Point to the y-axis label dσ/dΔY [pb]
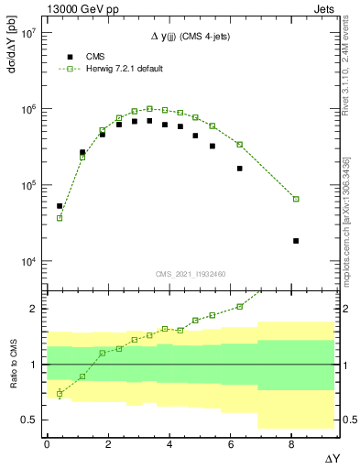pyautogui.click(x=11, y=50)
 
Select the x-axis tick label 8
pyautogui.click(x=292, y=442)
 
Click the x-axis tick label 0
pyautogui.click(x=47, y=442)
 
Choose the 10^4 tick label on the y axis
pyautogui.click(x=27, y=262)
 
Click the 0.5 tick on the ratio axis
pyautogui.click(x=27, y=420)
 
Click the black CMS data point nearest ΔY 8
pyautogui.click(x=296, y=241)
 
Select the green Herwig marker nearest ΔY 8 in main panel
pyautogui.click(x=296, y=199)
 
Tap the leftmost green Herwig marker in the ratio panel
pyautogui.click(x=60, y=394)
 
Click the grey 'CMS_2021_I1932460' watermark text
pyautogui.click(x=190, y=274)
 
